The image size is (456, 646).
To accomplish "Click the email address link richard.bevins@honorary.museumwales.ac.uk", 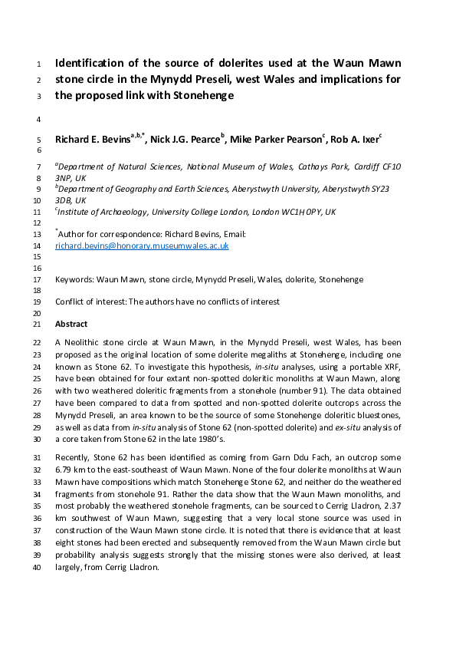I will click(142, 246).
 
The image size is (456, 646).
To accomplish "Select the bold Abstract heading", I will click(71, 325).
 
